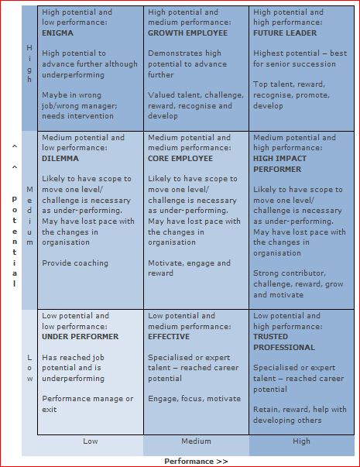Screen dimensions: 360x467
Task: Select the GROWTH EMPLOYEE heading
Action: (188, 33)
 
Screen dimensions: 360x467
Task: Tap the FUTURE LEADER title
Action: (286, 33)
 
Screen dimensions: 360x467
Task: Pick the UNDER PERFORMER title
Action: (81, 337)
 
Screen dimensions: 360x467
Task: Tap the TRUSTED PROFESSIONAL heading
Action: (284, 342)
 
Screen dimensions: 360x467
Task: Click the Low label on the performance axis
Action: (91, 441)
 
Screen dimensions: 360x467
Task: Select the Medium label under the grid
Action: (196, 441)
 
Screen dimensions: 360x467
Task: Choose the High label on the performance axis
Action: (301, 441)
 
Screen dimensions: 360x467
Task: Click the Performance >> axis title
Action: (196, 461)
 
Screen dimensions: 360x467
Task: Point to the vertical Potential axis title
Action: (13, 240)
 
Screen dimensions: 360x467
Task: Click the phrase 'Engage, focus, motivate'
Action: (194, 399)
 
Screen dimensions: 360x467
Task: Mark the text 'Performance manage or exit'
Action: (87, 403)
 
